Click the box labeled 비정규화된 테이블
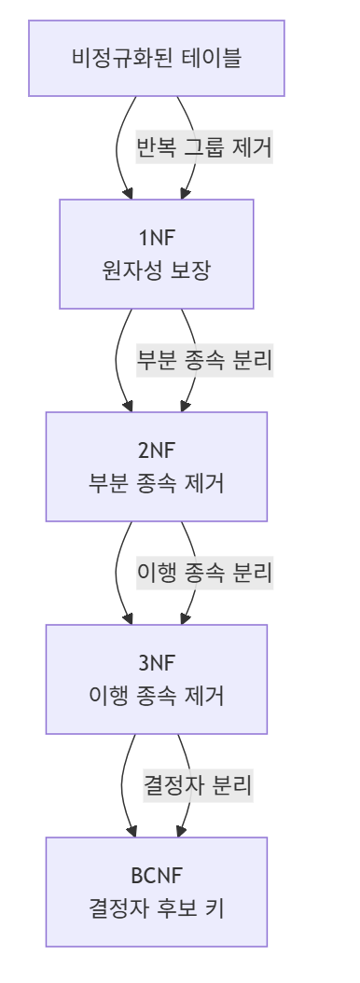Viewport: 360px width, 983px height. point(157,59)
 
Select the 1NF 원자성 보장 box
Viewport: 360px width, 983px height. point(157,255)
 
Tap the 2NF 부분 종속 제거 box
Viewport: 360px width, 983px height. point(157,465)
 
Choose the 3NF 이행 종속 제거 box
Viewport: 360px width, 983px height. point(157,678)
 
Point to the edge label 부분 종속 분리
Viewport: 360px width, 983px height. point(203,361)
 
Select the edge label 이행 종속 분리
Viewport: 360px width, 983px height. point(203,574)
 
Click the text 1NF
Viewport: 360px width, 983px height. point(157,236)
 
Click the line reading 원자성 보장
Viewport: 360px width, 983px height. point(157,272)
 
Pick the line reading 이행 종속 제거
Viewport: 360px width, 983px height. point(157,697)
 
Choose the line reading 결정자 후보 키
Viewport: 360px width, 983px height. point(157,909)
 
